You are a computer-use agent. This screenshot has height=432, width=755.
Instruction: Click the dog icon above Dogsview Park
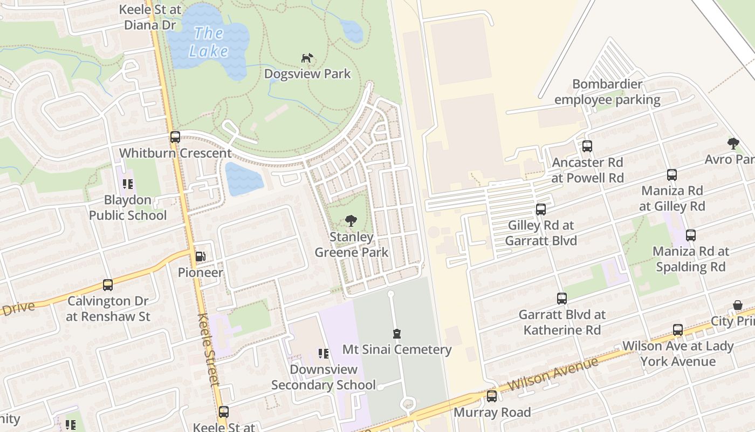(x=307, y=58)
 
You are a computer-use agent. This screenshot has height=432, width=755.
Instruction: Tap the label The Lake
(x=208, y=42)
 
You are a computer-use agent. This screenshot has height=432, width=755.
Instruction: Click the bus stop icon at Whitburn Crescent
(x=175, y=137)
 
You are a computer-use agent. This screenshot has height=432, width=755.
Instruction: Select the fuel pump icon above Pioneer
(x=200, y=256)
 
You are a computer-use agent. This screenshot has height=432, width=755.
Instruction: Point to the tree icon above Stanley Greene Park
(x=351, y=220)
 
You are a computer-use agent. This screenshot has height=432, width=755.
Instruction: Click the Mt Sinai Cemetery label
(x=397, y=349)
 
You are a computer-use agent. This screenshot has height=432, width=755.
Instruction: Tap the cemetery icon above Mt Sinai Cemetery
(x=397, y=333)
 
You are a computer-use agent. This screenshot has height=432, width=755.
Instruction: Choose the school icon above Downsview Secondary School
(x=323, y=354)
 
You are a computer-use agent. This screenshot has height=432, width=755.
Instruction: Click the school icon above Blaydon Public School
(x=128, y=184)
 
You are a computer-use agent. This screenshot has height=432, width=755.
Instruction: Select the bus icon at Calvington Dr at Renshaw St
(x=108, y=285)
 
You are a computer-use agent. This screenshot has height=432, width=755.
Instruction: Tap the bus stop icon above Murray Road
(x=491, y=396)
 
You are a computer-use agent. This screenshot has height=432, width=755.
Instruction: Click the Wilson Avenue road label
(x=553, y=375)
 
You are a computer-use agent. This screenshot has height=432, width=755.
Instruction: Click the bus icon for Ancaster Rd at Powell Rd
(x=587, y=146)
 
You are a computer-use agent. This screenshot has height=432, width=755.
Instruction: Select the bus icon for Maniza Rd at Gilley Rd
(x=671, y=174)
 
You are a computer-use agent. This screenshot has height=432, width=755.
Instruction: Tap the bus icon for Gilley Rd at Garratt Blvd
(x=541, y=209)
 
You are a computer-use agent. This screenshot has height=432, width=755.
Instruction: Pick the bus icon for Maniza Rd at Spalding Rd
(x=690, y=235)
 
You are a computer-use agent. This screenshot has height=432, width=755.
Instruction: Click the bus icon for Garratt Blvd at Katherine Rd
(x=561, y=298)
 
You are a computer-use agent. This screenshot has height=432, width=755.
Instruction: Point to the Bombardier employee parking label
(x=607, y=92)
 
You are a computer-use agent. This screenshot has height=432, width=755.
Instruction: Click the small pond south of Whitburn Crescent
(x=243, y=179)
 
